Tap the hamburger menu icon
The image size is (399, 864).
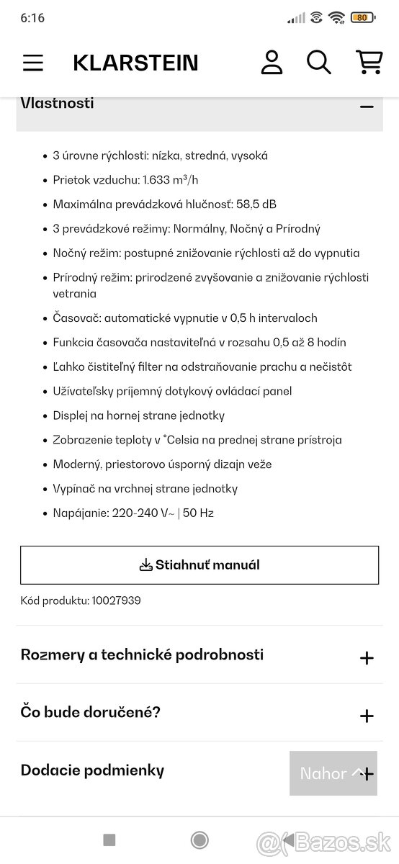pos(33,63)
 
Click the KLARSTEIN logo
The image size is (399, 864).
pos(135,63)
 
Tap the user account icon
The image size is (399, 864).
pos(272,63)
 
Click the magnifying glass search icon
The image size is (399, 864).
pos(318,63)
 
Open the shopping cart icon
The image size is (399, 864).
pos(369,63)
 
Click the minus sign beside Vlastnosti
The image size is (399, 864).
pos(367,107)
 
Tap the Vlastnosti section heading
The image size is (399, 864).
pos(58,103)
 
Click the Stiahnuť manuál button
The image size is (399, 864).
pos(199,565)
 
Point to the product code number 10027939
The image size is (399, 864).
pos(116,600)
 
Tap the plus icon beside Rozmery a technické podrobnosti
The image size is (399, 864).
pos(367,658)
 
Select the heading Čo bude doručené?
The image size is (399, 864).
pos(91,713)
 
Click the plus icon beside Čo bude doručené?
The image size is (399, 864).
pos(367,716)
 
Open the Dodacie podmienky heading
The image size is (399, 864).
pos(92,770)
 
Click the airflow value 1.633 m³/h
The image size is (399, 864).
pos(171,180)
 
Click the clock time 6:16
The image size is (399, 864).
pos(32,18)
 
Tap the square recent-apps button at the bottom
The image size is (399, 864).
pos(109,840)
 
